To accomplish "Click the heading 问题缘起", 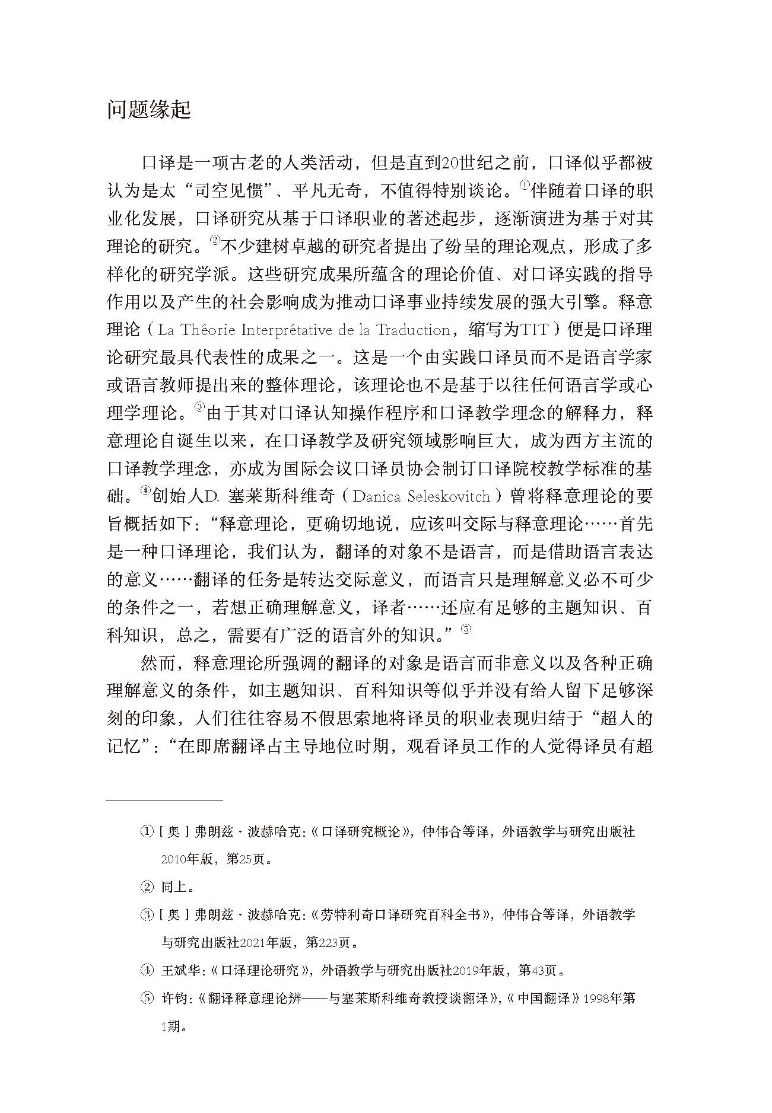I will [148, 110].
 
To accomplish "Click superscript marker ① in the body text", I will [525, 186].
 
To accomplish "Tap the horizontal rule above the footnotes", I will [164, 801].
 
